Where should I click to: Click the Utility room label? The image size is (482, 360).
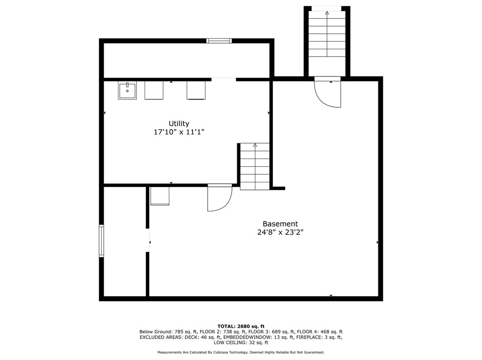pos(179,124)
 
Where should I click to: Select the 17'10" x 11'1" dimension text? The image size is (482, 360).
pos(179,132)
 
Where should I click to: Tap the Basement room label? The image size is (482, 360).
pos(280,224)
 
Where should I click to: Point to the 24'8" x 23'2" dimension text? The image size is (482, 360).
pos(280,232)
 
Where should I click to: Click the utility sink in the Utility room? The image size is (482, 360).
pos(127,91)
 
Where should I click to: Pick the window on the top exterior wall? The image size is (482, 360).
pos(219,40)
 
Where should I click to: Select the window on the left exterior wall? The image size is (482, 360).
pos(101,240)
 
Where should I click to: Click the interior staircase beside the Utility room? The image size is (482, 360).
pos(255,166)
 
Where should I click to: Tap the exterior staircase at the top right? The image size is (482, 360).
pos(327,34)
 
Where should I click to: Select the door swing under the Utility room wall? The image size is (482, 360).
pos(220,198)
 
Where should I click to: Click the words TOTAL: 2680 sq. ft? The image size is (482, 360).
pos(241,326)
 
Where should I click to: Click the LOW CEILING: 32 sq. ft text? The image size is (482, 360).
pos(241,342)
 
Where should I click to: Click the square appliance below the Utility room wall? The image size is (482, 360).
pos(160,196)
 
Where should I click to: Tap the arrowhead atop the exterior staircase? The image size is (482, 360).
pos(327,13)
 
